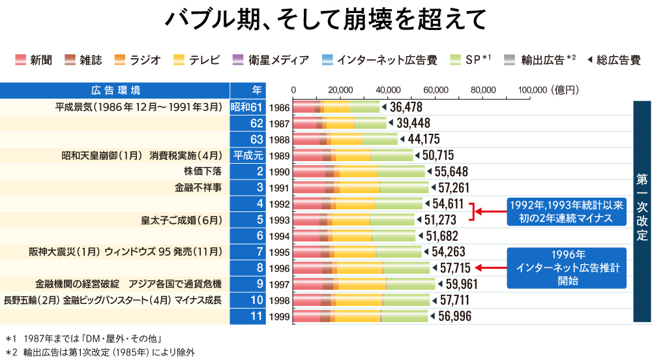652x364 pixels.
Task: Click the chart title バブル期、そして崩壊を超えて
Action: (325, 20)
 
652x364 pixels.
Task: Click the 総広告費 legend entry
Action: (614, 60)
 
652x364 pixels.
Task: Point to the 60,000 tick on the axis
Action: (436, 90)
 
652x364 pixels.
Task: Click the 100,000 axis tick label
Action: (532, 90)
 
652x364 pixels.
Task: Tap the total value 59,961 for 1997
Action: (463, 284)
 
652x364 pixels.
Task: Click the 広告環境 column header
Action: (115, 90)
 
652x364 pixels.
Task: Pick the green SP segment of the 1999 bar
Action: (404, 316)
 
